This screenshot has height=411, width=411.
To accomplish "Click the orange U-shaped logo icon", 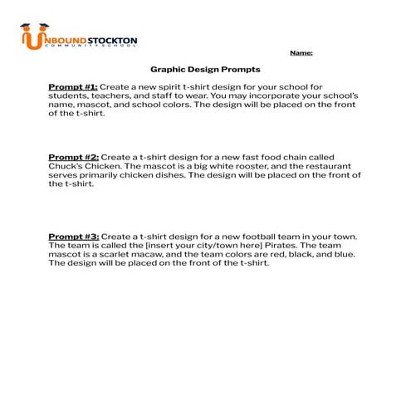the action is pos(32,38).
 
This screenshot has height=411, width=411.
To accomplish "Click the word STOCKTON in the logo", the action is pos(114,40).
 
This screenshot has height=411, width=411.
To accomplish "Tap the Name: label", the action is pos(301,53).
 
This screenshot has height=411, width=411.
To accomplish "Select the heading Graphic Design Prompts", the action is pos(205,70).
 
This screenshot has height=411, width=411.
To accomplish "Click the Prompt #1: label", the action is pos(73,86).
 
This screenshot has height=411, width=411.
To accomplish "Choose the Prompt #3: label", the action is pos(73,237).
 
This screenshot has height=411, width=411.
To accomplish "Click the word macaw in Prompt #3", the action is pos(153,255).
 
